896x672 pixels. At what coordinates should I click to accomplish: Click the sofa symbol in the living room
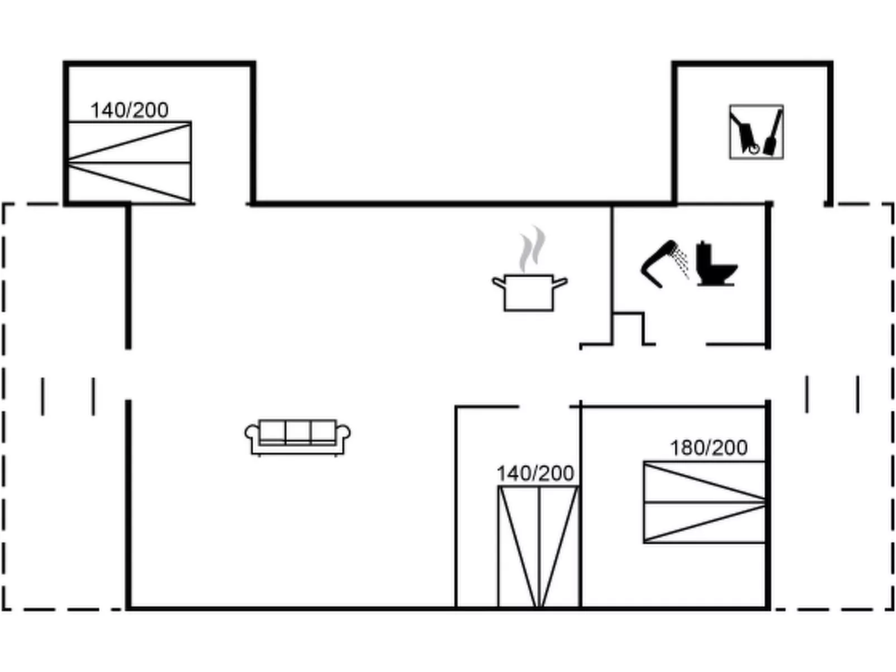click(x=297, y=437)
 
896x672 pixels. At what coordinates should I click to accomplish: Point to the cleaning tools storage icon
click(x=756, y=132)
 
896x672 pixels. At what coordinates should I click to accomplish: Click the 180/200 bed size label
click(x=709, y=448)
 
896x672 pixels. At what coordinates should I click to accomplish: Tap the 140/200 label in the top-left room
click(x=129, y=110)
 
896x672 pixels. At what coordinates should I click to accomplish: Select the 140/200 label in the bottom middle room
click(x=535, y=473)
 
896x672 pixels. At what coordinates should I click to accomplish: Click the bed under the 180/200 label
click(x=704, y=502)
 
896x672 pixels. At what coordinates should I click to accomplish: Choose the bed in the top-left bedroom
click(x=129, y=162)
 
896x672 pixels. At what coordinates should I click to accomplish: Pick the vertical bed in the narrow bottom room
click(x=538, y=547)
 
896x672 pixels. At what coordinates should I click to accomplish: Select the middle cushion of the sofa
click(x=297, y=432)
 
